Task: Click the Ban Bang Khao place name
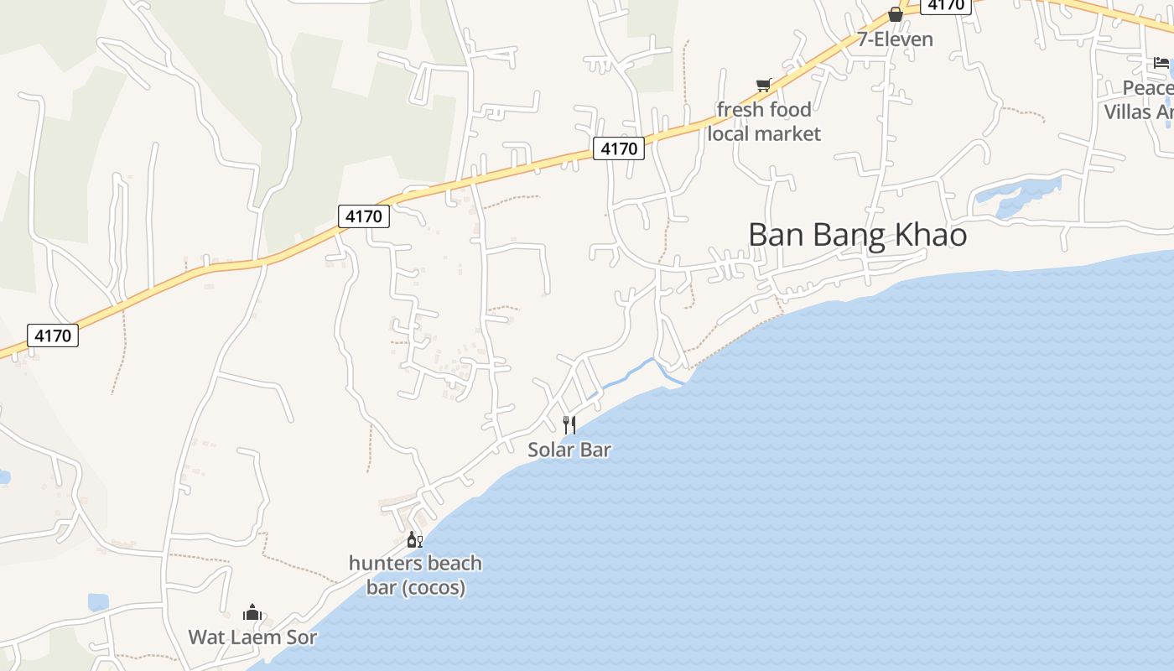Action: coord(857,235)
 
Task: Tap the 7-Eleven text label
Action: coord(895,39)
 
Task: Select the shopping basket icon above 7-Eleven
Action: coord(896,14)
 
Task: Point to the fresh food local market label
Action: coord(764,122)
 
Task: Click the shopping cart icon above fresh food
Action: coord(763,85)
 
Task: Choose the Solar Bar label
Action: coord(569,450)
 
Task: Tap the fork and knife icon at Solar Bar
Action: coord(569,424)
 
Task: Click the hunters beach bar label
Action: coord(415,575)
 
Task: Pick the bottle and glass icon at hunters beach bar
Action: coord(414,540)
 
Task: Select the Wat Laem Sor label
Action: coord(252,637)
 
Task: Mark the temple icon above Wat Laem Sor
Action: coord(252,613)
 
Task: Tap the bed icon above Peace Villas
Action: coord(1161,63)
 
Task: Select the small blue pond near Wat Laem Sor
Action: coord(98,601)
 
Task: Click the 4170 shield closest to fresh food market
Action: coord(620,149)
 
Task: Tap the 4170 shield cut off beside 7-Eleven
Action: coord(945,5)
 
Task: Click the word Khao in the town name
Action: coord(931,235)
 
